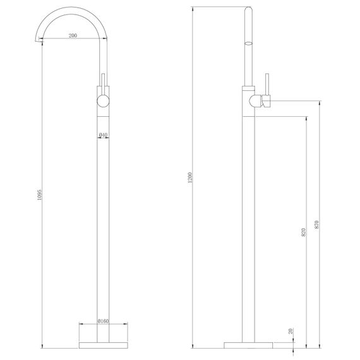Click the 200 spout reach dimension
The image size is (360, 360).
[x=73, y=36]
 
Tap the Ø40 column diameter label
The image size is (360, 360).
[x=104, y=134]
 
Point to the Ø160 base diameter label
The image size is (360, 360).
[x=104, y=321]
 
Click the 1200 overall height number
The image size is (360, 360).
[x=190, y=177]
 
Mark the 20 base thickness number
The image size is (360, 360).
[x=291, y=330]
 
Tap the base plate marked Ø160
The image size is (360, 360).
[x=104, y=345]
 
